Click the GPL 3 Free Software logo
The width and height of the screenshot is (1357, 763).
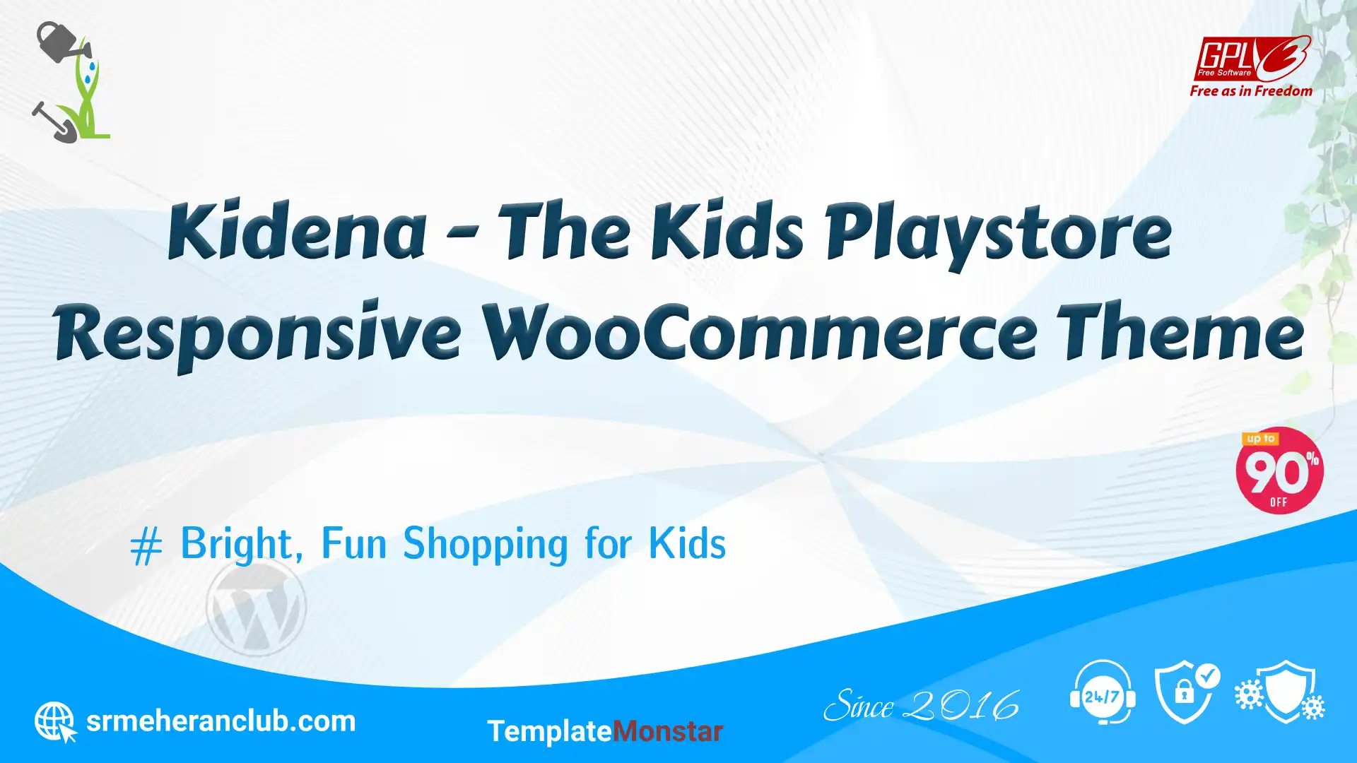1252,59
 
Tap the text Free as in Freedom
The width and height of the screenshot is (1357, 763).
1251,91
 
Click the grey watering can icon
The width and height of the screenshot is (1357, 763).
64,42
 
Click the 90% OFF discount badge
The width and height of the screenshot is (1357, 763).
1279,471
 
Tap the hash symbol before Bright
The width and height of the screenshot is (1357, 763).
146,547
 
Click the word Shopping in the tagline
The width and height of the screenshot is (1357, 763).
485,544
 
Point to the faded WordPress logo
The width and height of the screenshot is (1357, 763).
256,606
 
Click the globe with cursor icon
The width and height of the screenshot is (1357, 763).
56,722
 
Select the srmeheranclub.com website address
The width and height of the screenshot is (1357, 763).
221,721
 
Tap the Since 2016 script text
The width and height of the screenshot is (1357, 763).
922,706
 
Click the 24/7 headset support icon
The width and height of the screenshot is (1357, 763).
1103,692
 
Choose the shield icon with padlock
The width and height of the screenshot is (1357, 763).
1187,692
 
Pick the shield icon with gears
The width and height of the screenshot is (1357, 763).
1280,692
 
